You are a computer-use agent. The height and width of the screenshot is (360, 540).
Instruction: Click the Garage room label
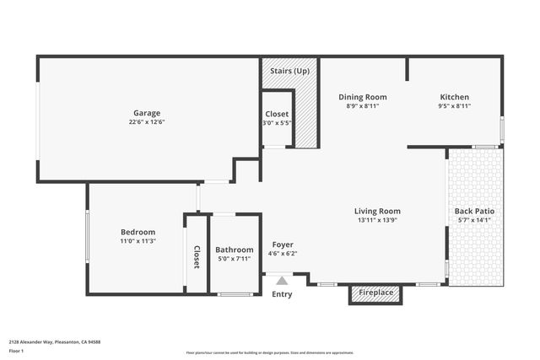pos(146,113)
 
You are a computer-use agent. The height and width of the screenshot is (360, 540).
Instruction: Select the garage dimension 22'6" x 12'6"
pos(146,122)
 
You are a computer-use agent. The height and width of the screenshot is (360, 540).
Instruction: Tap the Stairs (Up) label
pos(289,71)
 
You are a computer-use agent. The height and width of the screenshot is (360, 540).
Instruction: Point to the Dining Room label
pos(362,97)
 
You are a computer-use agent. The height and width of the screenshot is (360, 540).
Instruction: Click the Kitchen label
pos(454,97)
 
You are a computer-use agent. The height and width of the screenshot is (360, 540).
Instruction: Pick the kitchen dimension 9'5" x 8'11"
pos(454,106)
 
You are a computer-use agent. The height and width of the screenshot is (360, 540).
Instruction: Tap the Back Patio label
pos(474,211)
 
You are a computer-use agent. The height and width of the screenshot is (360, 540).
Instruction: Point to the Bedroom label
pos(138,232)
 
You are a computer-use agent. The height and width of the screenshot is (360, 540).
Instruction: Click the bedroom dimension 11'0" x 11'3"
pos(138,241)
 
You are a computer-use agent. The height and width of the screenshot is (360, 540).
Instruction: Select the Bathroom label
pos(234,250)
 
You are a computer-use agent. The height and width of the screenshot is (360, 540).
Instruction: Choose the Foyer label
pos(283,244)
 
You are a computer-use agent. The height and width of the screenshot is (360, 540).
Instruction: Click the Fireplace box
pos(375,293)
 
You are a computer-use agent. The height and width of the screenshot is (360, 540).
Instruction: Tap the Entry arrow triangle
pos(279,279)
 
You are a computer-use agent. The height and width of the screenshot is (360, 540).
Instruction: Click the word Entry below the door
pos(282,294)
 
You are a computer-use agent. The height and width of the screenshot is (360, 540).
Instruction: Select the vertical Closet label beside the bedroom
pos(197,256)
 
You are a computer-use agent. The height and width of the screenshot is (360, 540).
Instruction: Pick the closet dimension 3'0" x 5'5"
pos(276,123)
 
